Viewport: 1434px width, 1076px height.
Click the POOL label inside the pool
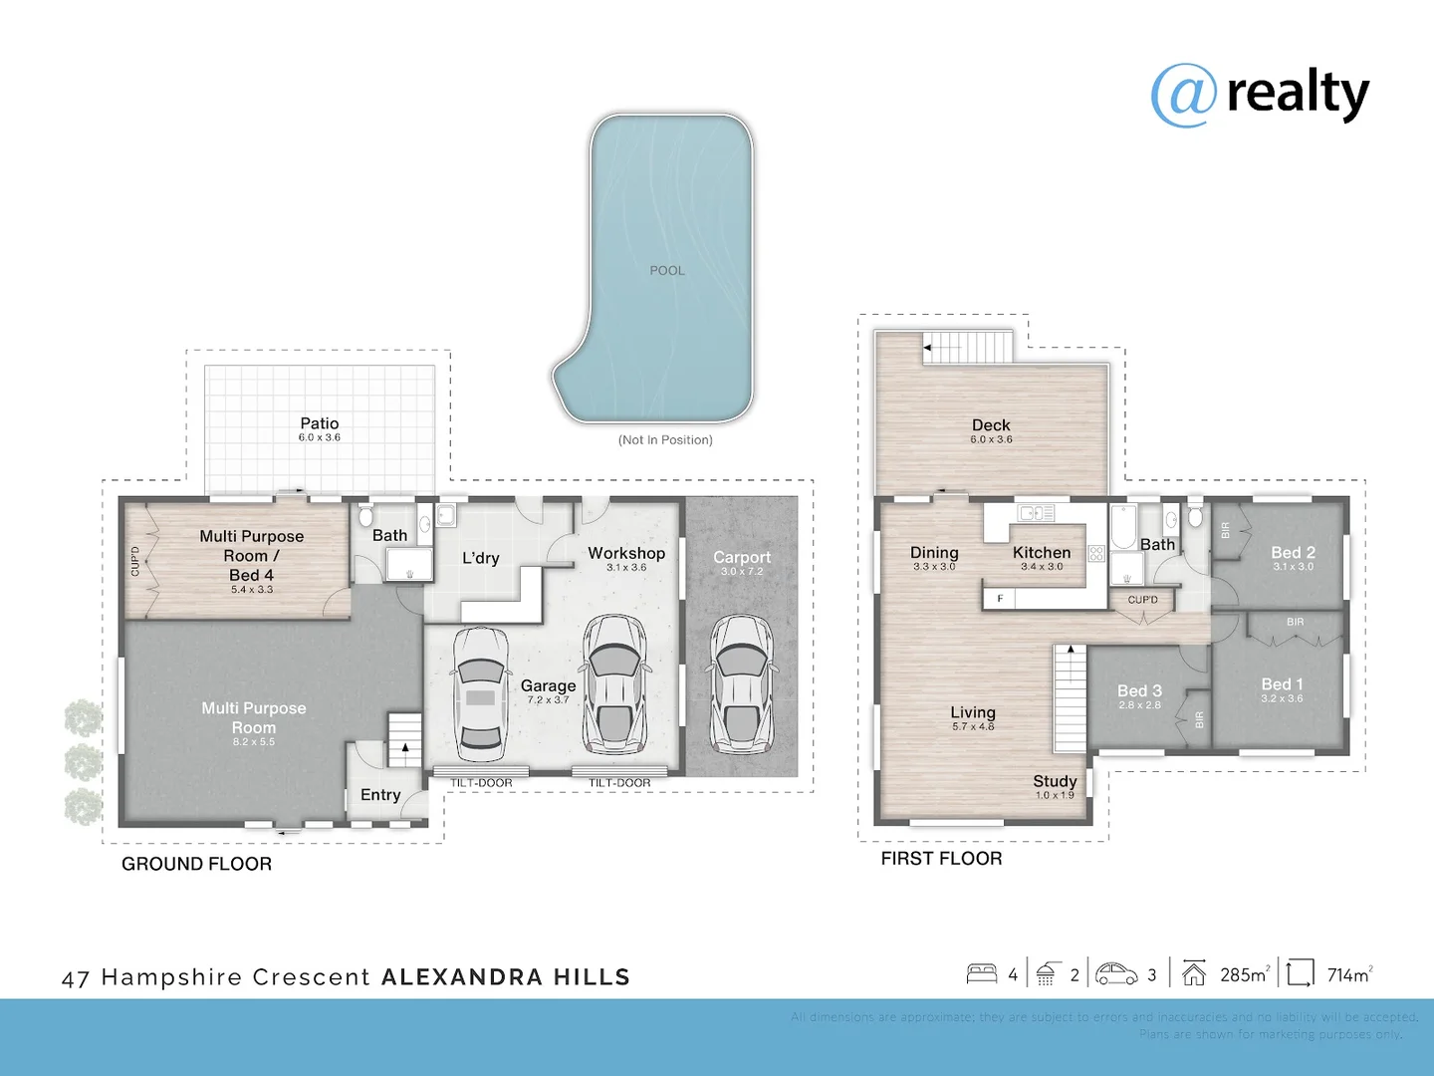tap(666, 270)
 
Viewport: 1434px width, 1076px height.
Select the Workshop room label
tap(625, 553)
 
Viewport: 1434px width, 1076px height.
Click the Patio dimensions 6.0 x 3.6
tap(319, 437)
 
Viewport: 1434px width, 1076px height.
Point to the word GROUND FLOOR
tap(196, 864)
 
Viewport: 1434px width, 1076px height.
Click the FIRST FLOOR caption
tap(941, 858)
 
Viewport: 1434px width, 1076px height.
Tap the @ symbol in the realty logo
tap(1183, 96)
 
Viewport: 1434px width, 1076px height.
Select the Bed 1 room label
tap(1282, 684)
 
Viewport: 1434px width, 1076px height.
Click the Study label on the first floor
tap(1055, 781)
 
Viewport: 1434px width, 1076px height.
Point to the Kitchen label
tap(1042, 552)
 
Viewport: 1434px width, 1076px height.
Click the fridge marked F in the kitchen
tap(1000, 598)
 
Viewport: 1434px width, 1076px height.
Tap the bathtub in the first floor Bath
tap(1122, 528)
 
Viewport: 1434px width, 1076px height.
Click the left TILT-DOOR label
tap(481, 783)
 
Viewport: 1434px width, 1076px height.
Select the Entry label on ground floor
tap(380, 794)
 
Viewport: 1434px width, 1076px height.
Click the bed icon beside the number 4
tap(982, 973)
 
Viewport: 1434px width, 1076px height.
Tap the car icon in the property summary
tap(1116, 973)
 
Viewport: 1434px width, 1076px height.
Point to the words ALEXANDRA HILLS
tap(506, 977)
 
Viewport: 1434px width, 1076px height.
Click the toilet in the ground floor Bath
tap(365, 516)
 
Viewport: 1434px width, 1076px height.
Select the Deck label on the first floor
tap(991, 425)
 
